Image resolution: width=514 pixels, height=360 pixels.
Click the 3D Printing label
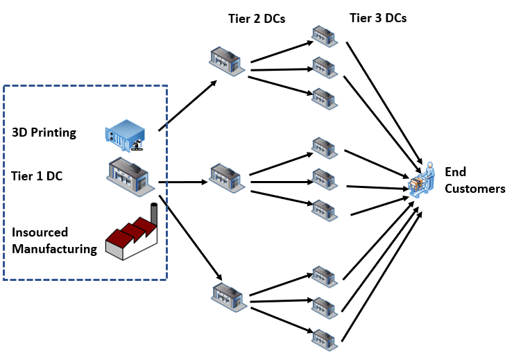pyautogui.click(x=44, y=132)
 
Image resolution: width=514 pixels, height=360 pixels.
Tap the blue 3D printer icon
pyautogui.click(x=126, y=134)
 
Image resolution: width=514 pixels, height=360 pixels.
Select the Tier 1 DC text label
pyautogui.click(x=37, y=176)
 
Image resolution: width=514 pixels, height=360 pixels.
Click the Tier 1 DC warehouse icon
pyautogui.click(x=130, y=177)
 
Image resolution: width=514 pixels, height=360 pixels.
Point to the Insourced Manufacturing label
pyautogui.click(x=54, y=241)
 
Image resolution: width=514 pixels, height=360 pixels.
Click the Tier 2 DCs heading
pyautogui.click(x=255, y=19)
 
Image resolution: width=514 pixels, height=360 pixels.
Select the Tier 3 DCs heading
pyautogui.click(x=377, y=19)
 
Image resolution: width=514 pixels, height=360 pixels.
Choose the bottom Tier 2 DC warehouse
pyautogui.click(x=230, y=295)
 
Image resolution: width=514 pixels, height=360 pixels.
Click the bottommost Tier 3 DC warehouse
pyautogui.click(x=324, y=338)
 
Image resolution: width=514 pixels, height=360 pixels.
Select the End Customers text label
pyautogui.click(x=474, y=180)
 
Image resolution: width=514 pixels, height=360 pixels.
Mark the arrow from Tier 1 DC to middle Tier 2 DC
pyautogui.click(x=183, y=183)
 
